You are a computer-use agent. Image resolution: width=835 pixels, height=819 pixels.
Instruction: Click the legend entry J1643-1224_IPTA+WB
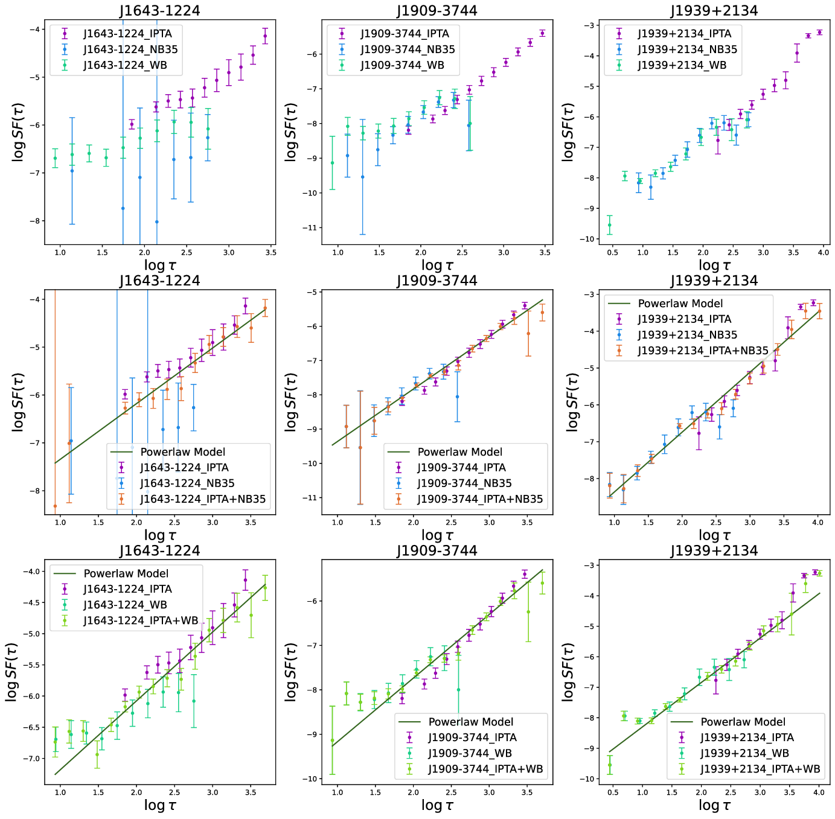click(141, 620)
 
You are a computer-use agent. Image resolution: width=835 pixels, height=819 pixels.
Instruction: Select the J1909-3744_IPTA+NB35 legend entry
click(480, 499)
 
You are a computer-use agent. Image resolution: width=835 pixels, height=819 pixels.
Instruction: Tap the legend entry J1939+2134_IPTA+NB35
click(703, 351)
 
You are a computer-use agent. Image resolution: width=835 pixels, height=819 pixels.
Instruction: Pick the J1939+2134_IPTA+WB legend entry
click(760, 769)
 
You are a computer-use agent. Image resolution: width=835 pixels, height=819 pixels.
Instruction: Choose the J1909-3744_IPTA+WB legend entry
click(485, 769)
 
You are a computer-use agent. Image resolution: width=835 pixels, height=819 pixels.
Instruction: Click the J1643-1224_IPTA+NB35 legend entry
click(203, 499)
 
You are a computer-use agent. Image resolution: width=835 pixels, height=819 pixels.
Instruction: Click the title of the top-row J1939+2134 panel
click(714, 11)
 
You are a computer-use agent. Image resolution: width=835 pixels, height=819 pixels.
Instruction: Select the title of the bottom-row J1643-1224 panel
click(159, 550)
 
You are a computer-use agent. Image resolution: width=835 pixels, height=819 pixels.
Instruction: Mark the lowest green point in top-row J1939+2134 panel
click(609, 225)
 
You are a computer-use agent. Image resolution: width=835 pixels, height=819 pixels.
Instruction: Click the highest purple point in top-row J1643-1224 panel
click(265, 36)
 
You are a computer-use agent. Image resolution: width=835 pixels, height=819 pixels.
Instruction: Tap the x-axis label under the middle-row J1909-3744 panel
click(437, 535)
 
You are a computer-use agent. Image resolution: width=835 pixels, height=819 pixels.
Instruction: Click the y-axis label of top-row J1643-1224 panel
click(18, 132)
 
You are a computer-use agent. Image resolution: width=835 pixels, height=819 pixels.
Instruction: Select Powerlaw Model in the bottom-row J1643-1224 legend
click(126, 573)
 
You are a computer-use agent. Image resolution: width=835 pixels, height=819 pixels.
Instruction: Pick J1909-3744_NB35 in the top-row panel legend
click(408, 49)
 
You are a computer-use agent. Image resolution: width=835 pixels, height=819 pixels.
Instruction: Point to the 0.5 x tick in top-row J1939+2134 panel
click(612, 252)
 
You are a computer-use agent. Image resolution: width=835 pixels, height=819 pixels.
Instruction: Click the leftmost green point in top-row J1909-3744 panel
click(332, 163)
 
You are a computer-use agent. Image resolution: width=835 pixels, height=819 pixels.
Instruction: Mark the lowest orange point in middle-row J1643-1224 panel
click(55, 506)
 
